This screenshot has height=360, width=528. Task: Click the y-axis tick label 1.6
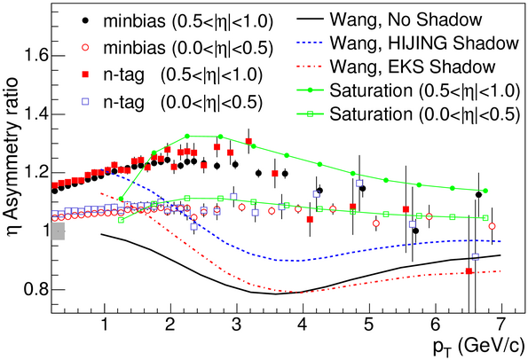point(35,56)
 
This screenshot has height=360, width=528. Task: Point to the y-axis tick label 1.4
point(35,114)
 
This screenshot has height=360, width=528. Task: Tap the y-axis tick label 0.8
point(35,289)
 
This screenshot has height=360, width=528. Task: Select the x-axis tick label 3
point(237,325)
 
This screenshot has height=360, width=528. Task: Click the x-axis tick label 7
point(501,325)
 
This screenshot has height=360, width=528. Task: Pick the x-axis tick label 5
point(369,325)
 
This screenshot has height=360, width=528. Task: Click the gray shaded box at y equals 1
point(59,231)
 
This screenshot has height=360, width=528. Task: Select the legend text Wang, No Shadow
point(406,20)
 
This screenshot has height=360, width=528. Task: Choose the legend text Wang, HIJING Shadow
point(424,43)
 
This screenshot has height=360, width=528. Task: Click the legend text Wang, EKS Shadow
point(413,67)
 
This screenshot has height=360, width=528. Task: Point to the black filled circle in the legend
point(86,20)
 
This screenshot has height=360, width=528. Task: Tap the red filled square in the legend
point(86,75)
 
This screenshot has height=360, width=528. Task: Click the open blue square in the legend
point(86,102)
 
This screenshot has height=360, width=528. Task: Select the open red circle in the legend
point(86,48)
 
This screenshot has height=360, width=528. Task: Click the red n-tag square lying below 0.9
point(469,271)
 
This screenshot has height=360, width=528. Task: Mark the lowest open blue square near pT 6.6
point(475,257)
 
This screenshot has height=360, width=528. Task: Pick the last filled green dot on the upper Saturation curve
point(485,191)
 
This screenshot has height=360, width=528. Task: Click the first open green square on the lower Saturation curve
point(122,220)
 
